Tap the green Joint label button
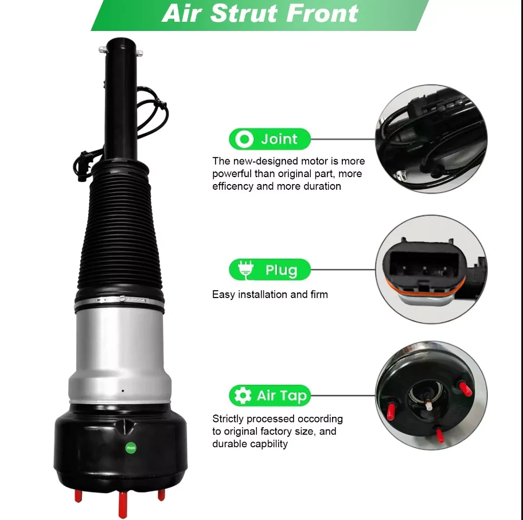(x=270, y=139)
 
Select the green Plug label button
(x=270, y=270)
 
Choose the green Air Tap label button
(x=270, y=396)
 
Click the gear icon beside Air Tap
(x=243, y=396)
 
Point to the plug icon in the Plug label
(x=245, y=270)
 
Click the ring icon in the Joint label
(x=245, y=139)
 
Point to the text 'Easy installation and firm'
(x=270, y=295)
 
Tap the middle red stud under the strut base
(x=123, y=505)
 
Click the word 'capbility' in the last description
(x=268, y=444)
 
